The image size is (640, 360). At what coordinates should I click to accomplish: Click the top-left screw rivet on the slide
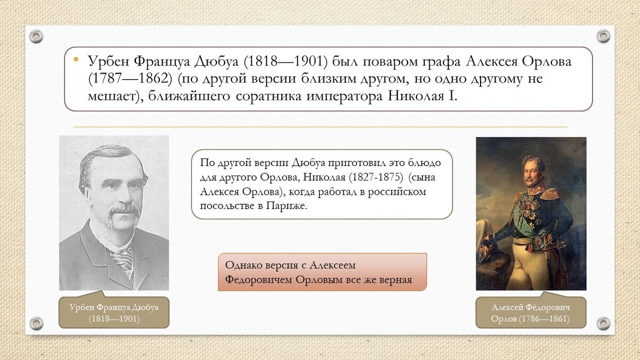36,37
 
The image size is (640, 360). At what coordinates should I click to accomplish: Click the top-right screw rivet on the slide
603,36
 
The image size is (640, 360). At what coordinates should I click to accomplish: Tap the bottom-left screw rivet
36,323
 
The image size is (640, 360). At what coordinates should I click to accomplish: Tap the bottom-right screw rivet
603,323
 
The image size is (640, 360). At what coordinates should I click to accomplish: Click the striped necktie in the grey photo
124,261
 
